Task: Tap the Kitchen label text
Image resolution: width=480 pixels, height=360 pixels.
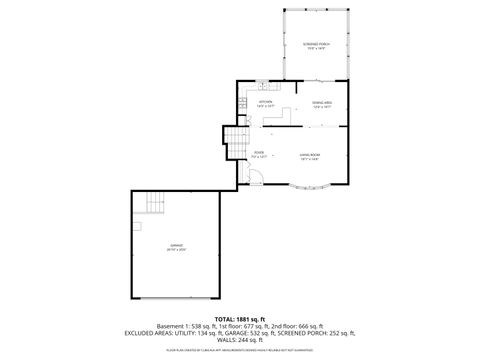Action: coord(266,103)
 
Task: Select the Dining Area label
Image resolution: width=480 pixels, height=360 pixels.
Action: coord(321,103)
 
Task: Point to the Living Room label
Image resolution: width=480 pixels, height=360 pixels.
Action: coord(310,155)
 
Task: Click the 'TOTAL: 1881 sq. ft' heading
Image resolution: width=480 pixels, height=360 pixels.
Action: coord(240,318)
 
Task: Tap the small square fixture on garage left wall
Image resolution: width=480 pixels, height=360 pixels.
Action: coord(137,226)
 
